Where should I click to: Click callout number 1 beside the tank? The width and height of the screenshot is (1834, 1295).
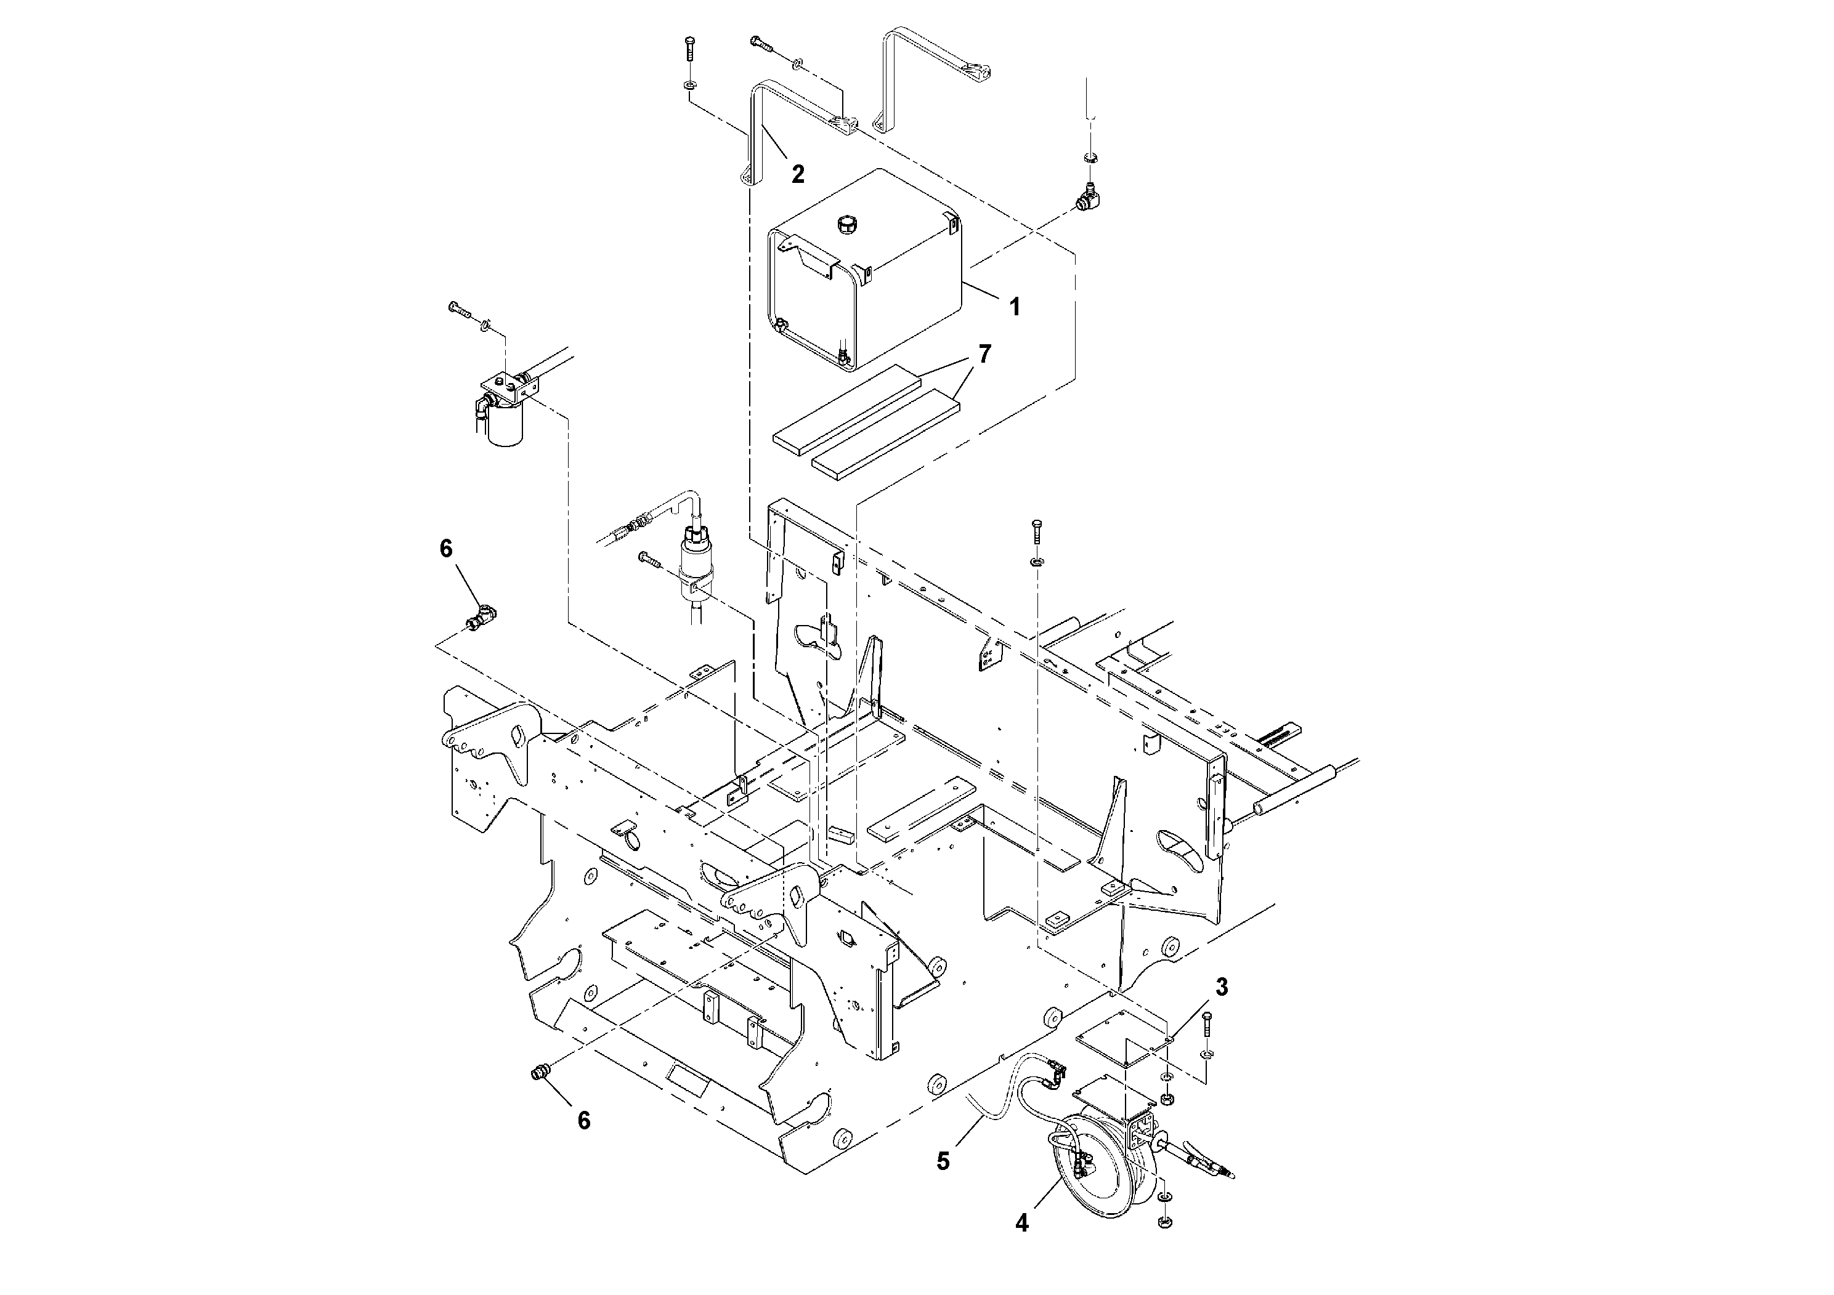(1015, 307)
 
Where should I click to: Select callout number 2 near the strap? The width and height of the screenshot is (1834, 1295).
(797, 174)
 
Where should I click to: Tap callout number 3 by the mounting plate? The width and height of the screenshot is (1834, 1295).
(1222, 987)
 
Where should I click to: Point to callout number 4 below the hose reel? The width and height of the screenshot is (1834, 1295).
(1021, 1222)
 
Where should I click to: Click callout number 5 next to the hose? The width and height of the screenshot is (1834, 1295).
(943, 1161)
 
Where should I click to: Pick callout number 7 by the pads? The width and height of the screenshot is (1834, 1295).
(985, 353)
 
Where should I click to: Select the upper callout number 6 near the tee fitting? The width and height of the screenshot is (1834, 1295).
(446, 549)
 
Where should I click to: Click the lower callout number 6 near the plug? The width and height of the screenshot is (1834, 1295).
(584, 1120)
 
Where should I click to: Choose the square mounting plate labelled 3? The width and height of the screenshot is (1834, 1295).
(1122, 1039)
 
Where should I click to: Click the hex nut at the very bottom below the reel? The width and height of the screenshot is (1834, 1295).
(1164, 1244)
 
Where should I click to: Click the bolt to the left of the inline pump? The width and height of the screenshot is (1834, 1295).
(649, 559)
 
